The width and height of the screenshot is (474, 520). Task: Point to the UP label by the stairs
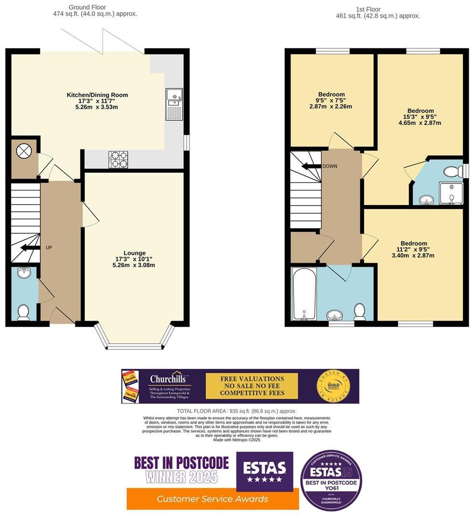[49, 247]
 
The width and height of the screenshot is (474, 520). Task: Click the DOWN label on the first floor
[330, 166]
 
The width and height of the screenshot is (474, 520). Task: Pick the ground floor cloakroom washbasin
[24, 273]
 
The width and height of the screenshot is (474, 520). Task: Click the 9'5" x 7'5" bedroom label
[331, 100]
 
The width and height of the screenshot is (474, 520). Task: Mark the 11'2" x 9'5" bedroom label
[413, 249]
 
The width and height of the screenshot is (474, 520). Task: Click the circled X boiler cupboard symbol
[23, 151]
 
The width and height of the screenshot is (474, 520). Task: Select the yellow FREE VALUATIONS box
[252, 386]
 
